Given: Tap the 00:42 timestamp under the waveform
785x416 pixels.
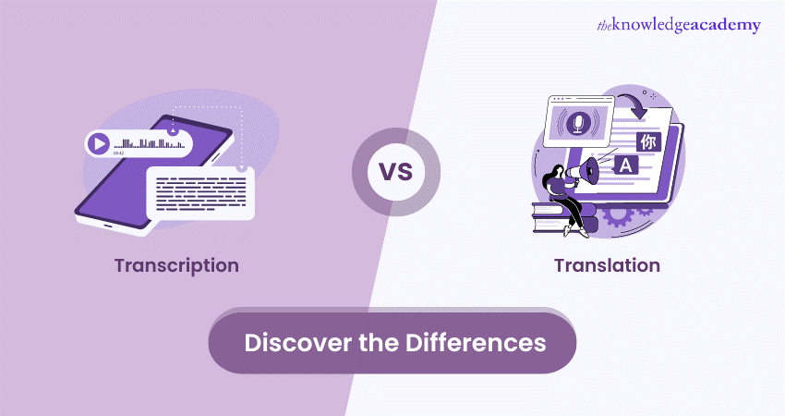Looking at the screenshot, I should [x=119, y=153].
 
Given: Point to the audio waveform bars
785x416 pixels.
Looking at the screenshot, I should [x=146, y=143].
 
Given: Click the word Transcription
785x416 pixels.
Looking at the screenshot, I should [x=176, y=265].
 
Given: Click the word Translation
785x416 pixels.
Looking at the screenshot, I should [x=607, y=265].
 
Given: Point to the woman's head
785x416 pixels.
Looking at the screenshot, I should [x=561, y=172].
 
